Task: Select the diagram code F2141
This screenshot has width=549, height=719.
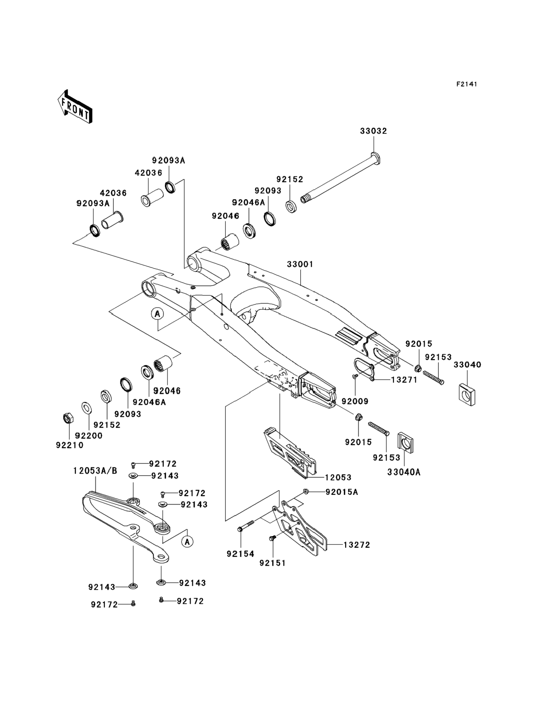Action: coord(467,84)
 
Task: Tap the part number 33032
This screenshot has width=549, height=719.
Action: coord(373,131)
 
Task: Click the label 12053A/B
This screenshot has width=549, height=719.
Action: coord(95,471)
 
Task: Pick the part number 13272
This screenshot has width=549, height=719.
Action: coord(357,545)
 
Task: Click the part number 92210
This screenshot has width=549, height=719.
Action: coord(70,445)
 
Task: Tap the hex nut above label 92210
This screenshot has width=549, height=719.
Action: coord(68,418)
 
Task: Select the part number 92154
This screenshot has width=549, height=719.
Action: coord(240,554)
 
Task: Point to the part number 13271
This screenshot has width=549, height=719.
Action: coord(404,380)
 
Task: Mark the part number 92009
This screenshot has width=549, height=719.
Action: coord(355,401)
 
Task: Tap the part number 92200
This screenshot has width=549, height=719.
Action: coord(89,435)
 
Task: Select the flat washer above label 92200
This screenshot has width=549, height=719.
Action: coord(87,408)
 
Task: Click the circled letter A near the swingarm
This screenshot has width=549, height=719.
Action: coord(157,314)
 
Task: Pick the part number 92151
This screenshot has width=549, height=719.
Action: coord(273,563)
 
